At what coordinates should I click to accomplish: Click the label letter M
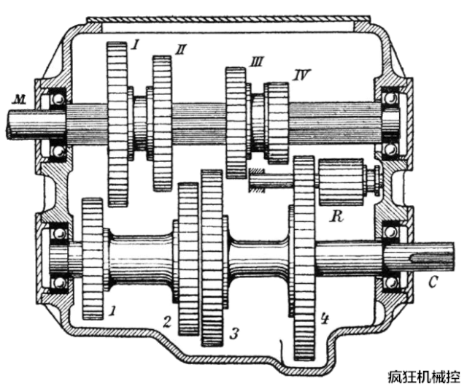click(x=18, y=100)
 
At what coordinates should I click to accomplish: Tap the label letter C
click(x=433, y=282)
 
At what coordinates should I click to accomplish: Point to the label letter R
click(x=336, y=217)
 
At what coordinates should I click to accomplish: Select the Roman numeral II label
click(x=180, y=50)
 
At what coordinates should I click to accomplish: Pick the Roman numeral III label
click(x=256, y=62)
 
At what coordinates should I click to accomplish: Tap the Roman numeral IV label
click(x=301, y=74)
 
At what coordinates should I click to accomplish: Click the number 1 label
click(x=112, y=312)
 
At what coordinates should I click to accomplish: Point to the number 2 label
click(x=167, y=322)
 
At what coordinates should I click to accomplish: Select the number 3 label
click(x=234, y=334)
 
